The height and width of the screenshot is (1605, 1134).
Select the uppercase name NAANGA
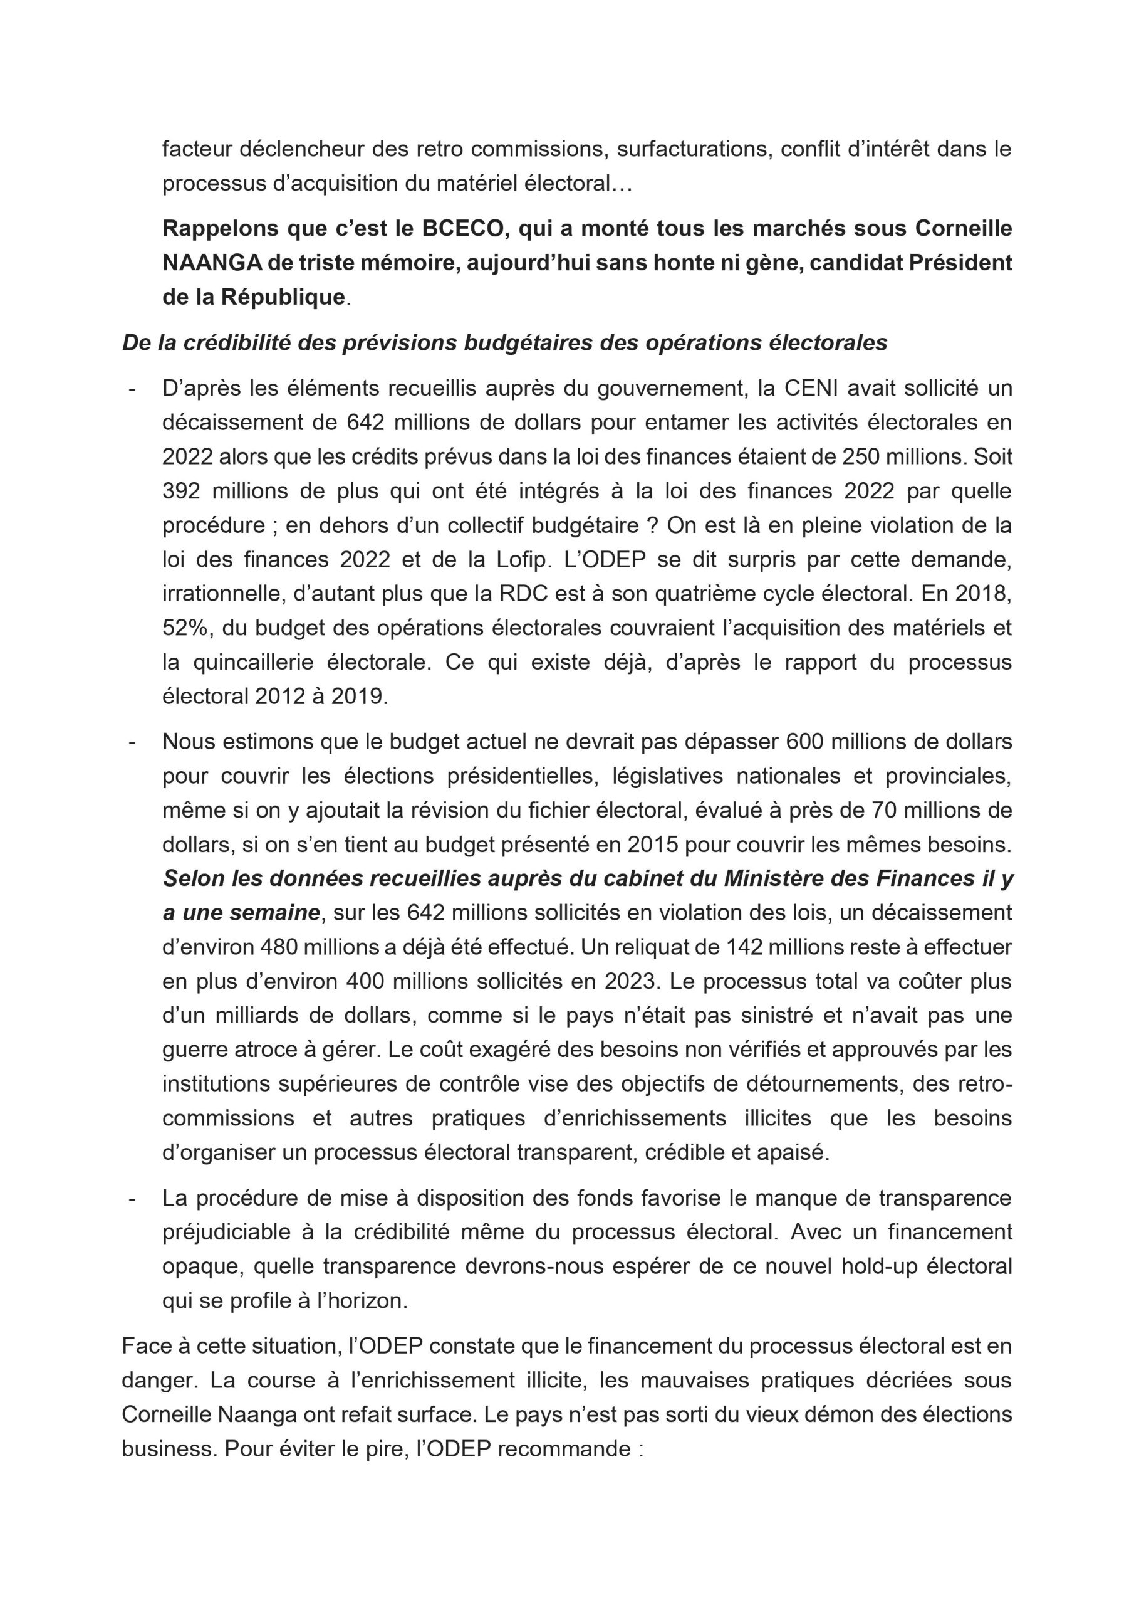click(202, 263)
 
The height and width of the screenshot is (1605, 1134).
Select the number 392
click(181, 491)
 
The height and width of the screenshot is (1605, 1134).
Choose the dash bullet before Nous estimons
click(132, 742)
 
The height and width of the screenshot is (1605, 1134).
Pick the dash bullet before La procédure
click(132, 1198)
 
